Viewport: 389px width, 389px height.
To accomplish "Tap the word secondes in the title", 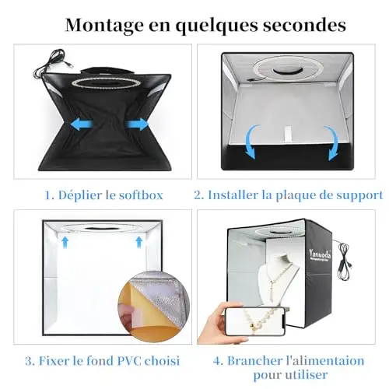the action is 304,25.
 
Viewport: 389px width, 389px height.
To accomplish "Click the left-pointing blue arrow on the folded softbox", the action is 82,124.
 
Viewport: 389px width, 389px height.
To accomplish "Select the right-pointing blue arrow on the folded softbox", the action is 137,124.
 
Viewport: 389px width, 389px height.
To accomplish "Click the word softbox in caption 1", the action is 141,195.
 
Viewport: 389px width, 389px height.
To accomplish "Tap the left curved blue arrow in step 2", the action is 251,142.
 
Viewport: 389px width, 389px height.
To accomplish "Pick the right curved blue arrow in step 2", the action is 333,143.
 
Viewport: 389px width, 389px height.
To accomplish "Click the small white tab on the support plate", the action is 287,134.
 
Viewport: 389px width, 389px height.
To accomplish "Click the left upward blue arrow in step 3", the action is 65,242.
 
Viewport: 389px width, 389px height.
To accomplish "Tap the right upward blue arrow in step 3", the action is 139,242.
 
